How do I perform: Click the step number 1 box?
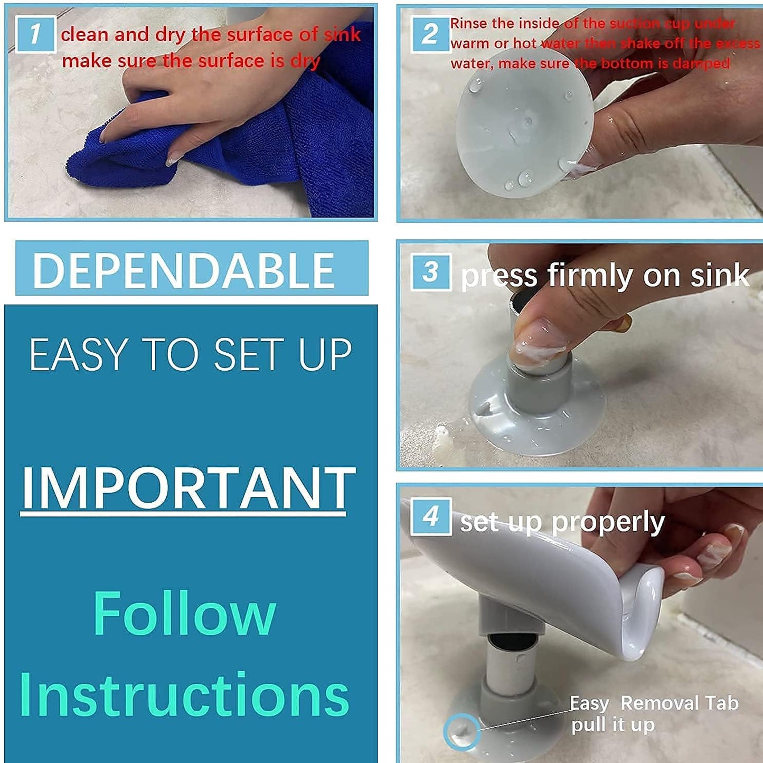35,34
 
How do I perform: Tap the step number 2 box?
430,34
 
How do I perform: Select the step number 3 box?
431,272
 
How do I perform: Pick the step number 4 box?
431,516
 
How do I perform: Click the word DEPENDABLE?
184,270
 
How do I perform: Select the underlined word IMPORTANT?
187,488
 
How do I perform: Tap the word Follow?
184,614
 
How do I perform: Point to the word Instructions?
184,694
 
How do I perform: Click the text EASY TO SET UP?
190,355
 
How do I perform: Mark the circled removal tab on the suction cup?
461,731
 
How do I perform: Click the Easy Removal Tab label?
654,703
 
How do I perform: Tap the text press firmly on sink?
605,276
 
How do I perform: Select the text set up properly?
562,522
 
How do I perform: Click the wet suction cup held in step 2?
523,132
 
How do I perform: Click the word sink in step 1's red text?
342,35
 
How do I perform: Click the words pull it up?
613,725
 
